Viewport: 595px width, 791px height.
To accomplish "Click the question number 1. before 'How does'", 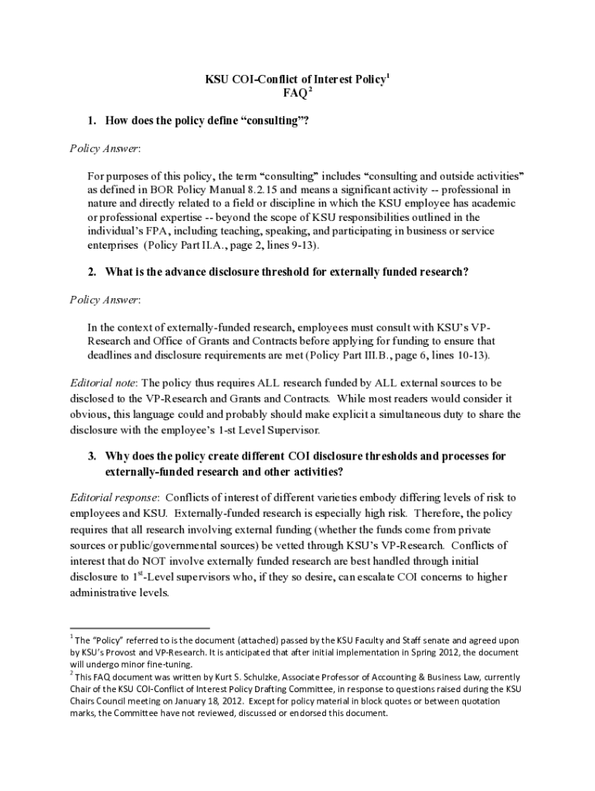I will point(91,121).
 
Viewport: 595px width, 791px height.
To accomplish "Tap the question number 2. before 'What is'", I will point(91,272).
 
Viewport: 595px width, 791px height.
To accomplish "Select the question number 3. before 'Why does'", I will point(91,457).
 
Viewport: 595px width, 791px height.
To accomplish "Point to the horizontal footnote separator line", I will point(140,629).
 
